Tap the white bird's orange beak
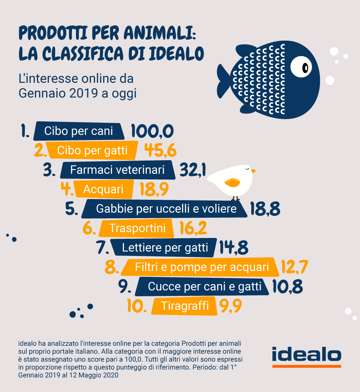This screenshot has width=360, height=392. click(x=253, y=171)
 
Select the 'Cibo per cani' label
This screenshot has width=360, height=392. click(x=79, y=131)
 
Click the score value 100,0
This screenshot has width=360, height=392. click(x=152, y=131)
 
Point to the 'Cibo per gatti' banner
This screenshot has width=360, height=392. click(x=93, y=150)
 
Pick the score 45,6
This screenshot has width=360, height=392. click(x=160, y=150)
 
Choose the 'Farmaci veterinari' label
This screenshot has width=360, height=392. click(x=117, y=170)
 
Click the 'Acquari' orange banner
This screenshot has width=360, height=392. click(x=103, y=189)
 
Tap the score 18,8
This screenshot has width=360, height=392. click(x=265, y=209)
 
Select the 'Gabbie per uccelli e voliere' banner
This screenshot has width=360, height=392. click(x=166, y=209)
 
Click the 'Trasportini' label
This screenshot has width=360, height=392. click(x=137, y=228)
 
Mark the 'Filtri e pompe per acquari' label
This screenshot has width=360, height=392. click(x=202, y=267)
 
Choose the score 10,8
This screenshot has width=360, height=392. click(x=287, y=287)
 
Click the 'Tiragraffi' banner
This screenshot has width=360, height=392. click(x=185, y=306)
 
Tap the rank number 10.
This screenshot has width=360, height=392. click(x=137, y=306)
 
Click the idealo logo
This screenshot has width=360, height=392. click(x=306, y=356)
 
